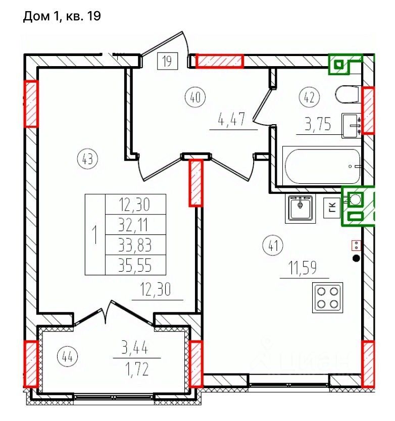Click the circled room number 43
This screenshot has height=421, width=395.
(x=87, y=159)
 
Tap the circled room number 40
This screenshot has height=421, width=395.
(x=195, y=97)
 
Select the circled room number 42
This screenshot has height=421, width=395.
(x=309, y=97)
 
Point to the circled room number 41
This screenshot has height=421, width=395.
(x=273, y=246)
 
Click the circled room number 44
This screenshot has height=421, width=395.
(x=68, y=357)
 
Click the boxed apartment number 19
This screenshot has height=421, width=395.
(x=167, y=61)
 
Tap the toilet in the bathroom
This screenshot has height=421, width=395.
(x=347, y=94)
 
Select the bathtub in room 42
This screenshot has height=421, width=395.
(x=322, y=166)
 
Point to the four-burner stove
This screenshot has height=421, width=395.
(x=327, y=297)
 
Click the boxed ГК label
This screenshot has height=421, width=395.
(x=332, y=207)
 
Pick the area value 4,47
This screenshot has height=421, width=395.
(x=232, y=119)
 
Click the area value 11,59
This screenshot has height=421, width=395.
(x=302, y=268)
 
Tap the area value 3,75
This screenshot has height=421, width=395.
(x=318, y=124)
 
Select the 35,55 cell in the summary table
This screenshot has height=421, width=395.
(x=135, y=265)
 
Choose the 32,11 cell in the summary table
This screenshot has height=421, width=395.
(x=135, y=225)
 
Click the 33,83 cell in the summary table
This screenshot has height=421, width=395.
(x=135, y=245)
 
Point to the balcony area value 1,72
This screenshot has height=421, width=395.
(x=137, y=370)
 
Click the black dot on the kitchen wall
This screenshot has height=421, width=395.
(x=356, y=258)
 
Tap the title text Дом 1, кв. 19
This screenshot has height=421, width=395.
(x=62, y=17)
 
